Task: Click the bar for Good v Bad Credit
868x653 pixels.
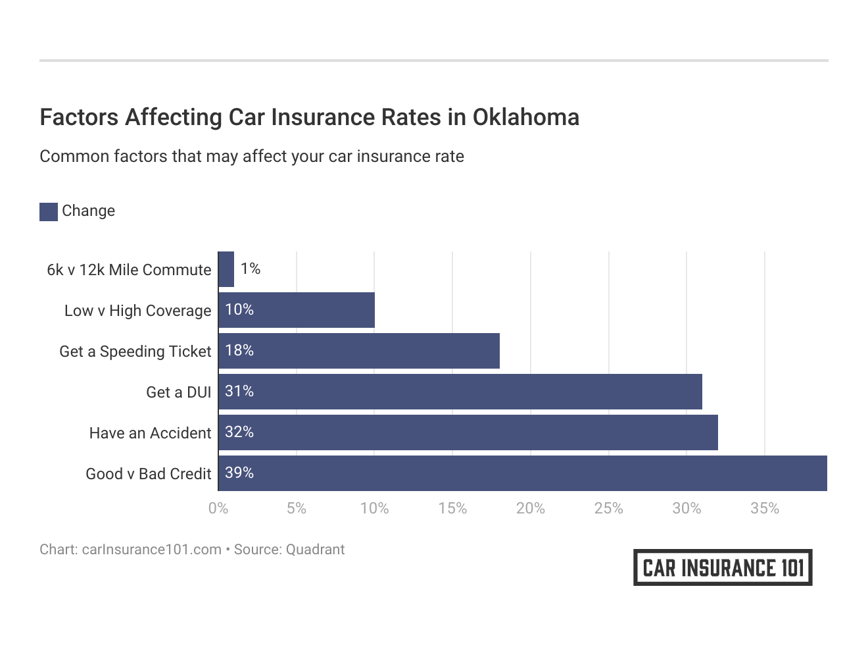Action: pos(523,473)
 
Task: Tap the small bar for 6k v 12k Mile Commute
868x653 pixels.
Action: pos(226,269)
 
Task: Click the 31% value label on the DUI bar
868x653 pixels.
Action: pos(239,391)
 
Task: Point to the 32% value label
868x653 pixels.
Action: pos(239,432)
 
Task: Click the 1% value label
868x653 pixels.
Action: pos(251,269)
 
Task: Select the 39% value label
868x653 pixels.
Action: pos(239,473)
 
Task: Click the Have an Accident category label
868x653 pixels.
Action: pos(150,433)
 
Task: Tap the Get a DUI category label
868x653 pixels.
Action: pos(178,392)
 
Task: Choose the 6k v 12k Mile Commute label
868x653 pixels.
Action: pos(129,270)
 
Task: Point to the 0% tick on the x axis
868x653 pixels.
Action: pos(218,508)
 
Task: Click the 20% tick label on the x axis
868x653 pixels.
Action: pos(530,508)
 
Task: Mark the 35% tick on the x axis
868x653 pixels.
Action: pos(764,508)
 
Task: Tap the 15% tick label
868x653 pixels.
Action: pos(452,508)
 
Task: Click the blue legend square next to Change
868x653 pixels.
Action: pos(49,211)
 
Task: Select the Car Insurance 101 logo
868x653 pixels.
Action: pos(723,567)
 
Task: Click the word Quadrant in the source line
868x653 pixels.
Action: pos(316,550)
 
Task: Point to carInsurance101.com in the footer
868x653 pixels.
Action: pos(151,550)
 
